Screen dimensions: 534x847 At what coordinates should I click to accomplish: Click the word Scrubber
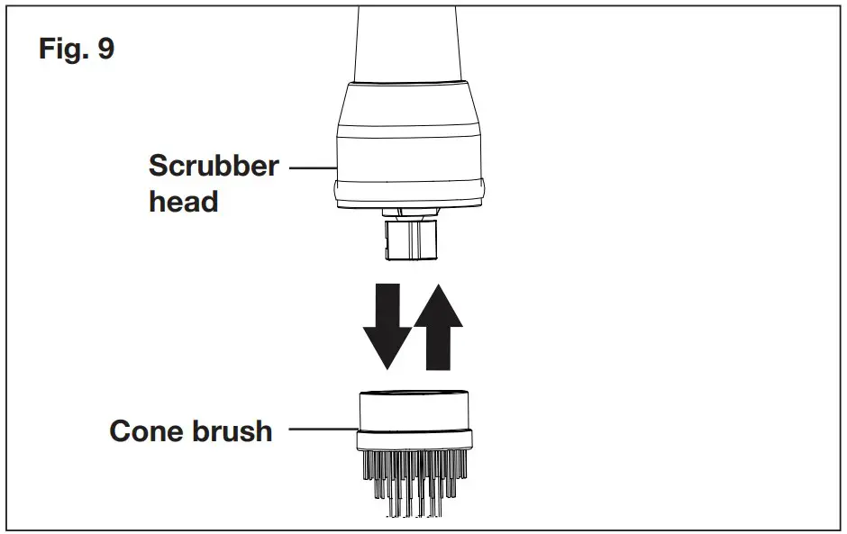(214, 167)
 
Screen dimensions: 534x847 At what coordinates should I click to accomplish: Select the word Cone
(147, 430)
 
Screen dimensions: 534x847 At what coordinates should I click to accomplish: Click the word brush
(231, 430)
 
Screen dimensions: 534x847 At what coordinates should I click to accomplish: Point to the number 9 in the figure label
(105, 49)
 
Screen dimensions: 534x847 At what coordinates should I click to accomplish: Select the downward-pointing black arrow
(386, 325)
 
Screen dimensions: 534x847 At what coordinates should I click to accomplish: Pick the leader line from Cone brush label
(323, 431)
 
